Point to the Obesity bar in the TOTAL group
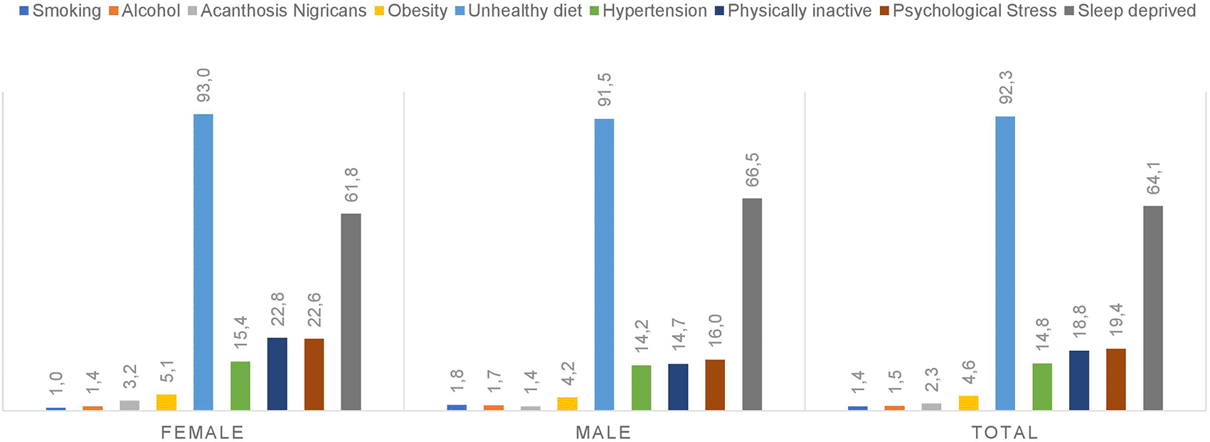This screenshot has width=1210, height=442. (x=968, y=403)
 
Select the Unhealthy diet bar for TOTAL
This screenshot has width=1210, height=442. (x=1005, y=263)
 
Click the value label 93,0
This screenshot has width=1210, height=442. (x=203, y=86)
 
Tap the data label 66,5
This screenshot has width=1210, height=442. (x=752, y=170)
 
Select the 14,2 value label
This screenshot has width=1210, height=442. (x=642, y=337)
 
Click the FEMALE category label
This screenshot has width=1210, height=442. (x=203, y=432)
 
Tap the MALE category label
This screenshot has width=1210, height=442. (x=603, y=432)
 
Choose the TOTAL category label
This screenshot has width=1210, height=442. (x=1004, y=432)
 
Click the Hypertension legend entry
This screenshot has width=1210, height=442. (x=648, y=11)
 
